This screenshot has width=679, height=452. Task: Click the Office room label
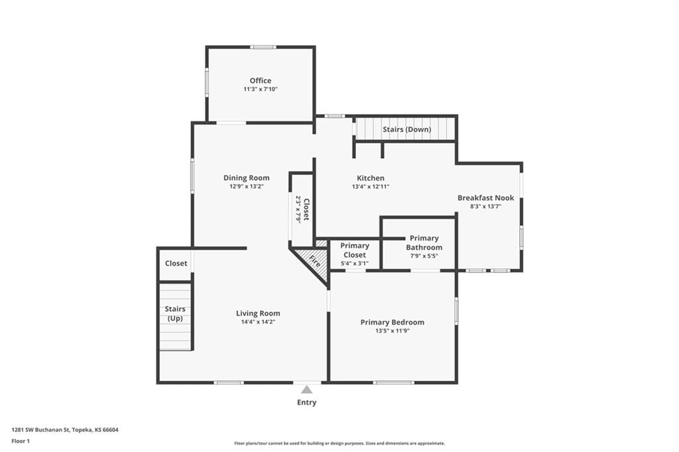260,81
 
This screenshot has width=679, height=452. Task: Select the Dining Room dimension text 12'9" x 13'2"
247,187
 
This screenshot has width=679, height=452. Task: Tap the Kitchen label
370,178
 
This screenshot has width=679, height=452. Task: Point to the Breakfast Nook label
486,198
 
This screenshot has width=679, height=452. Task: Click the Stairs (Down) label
406,129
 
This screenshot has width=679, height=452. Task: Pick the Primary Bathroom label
424,243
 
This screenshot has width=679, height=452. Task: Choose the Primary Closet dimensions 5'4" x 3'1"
355,263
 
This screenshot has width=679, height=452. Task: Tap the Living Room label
258,313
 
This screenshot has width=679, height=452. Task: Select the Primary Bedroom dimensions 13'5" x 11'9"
393,331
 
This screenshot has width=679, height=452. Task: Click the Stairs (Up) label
175,313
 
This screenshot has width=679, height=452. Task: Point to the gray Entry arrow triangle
306,390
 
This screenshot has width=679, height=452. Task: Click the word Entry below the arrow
306,403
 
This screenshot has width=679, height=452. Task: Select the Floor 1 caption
21,441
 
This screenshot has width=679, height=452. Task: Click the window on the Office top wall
263,47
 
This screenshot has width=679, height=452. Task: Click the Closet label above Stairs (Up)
176,263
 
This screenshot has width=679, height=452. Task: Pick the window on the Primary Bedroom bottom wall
393,382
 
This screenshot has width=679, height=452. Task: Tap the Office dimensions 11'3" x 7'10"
260,89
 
